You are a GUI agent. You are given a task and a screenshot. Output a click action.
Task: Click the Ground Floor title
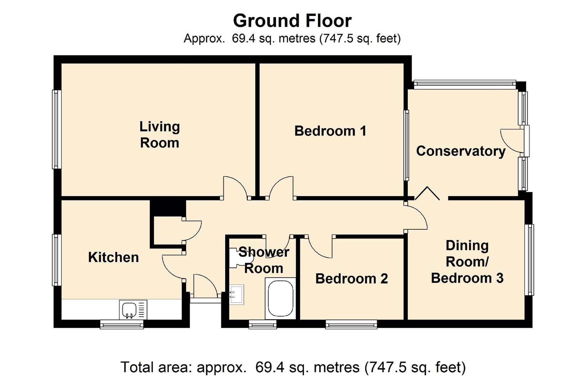click(292, 21)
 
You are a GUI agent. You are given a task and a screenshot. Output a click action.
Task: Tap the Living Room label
click(160, 135)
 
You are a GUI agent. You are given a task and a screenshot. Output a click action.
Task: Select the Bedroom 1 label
click(330, 131)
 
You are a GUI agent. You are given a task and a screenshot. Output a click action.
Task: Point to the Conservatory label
click(461, 151)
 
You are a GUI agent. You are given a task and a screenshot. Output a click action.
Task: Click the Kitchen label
click(113, 257)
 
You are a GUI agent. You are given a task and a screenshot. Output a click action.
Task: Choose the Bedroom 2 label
click(352, 278)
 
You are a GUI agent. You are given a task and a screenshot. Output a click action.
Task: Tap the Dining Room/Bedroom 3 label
click(467, 262)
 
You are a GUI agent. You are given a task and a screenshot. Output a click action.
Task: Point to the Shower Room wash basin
click(237, 294)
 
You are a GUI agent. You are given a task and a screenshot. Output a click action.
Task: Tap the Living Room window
click(57, 129)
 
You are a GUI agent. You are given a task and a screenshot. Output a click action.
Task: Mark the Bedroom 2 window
click(351, 324)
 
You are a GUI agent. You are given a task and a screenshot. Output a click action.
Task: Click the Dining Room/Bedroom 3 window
click(529, 260)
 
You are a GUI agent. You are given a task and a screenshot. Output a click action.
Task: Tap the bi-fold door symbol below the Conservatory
click(427, 193)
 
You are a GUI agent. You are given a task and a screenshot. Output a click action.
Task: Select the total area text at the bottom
click(293, 367)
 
